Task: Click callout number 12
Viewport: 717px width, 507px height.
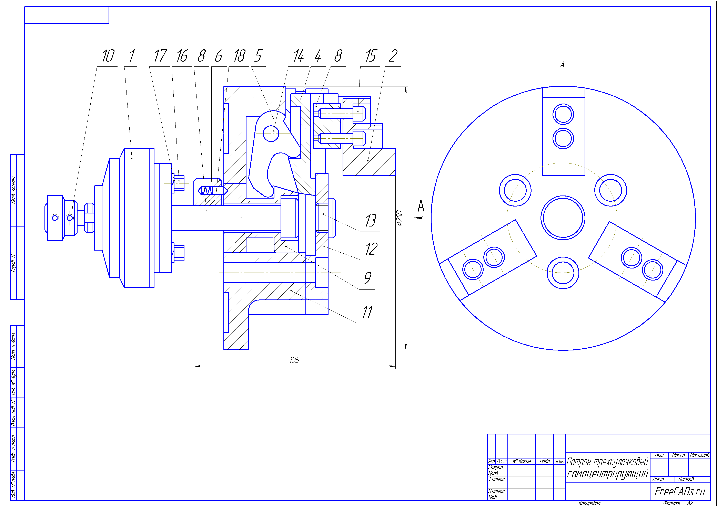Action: [371, 249]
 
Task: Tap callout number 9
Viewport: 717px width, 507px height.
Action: [368, 278]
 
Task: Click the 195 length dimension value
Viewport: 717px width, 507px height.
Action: [294, 360]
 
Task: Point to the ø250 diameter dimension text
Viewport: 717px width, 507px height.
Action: [400, 218]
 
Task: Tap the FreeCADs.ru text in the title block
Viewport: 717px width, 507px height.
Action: [679, 491]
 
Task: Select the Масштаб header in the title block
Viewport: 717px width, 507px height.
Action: [699, 455]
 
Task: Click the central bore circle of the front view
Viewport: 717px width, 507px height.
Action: [563, 218]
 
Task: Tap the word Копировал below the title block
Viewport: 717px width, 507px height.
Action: [589, 503]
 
